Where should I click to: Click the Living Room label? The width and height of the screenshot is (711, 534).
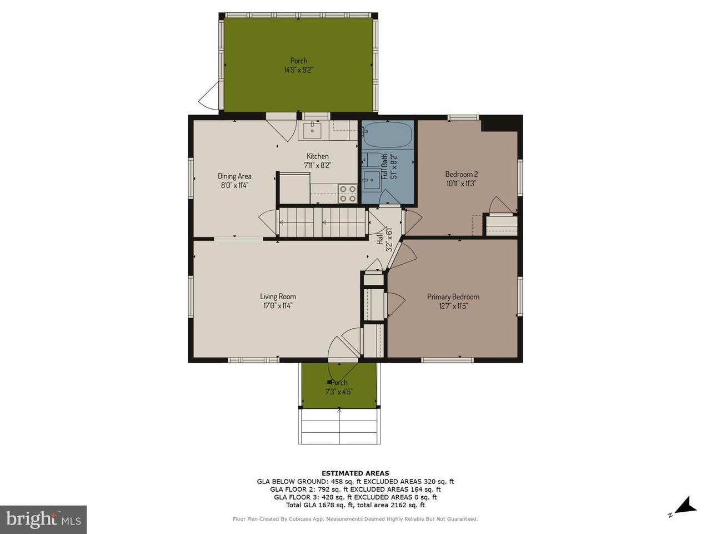click(278, 296)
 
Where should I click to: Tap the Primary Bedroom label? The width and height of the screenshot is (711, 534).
click(453, 296)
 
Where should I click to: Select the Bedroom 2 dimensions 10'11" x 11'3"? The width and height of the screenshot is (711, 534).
click(461, 183)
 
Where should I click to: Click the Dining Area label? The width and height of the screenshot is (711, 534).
click(234, 176)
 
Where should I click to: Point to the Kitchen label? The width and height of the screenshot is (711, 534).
click(317, 156)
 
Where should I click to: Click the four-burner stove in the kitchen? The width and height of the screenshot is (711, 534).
click(348, 194)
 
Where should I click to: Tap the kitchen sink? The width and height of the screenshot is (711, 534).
click(312, 131)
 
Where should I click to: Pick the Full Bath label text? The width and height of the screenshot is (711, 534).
click(384, 166)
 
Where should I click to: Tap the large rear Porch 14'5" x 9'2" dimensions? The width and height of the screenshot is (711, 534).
click(298, 70)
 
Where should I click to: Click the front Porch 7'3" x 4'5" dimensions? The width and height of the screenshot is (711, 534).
click(339, 392)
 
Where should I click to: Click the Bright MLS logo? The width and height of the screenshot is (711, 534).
click(43, 520)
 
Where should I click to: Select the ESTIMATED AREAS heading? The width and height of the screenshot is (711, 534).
click(355, 473)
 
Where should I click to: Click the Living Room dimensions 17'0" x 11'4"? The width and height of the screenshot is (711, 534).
click(278, 305)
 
